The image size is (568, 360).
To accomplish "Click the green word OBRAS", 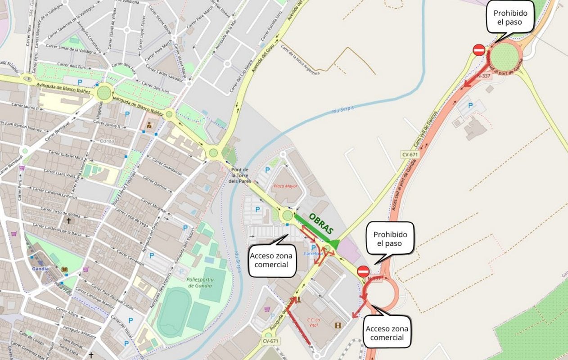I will pos(321,223).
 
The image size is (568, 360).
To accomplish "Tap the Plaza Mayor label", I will pos(286,186).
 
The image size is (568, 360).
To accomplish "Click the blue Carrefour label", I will pos(314,253).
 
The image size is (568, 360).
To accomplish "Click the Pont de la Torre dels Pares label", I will pos(240,175).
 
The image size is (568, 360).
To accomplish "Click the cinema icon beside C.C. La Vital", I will pos(338,325).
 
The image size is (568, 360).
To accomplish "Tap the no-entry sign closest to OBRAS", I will pos(363,271).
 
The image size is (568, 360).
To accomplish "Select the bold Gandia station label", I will pos(40,269).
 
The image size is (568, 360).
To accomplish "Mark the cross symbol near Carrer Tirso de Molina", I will pos(69,220).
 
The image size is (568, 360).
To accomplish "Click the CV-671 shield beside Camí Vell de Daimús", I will pos(410,154).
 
